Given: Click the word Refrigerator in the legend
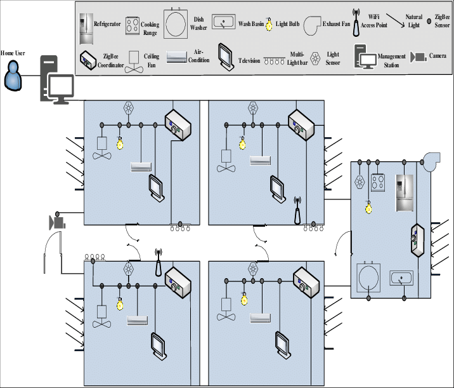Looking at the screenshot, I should coord(107,24).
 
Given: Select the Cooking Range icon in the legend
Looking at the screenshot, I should coord(133,25).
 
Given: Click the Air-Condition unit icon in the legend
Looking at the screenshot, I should coord(177,58).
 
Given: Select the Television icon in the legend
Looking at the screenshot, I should coord(226,57).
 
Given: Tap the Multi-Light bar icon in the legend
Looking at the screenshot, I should coord(275,61).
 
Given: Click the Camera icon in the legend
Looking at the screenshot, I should coord(418,57).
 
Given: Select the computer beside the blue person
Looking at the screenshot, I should coord(57,79).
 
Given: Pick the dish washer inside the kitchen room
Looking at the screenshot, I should coord(368,278).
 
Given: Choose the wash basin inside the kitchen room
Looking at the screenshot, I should coord(401,278).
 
